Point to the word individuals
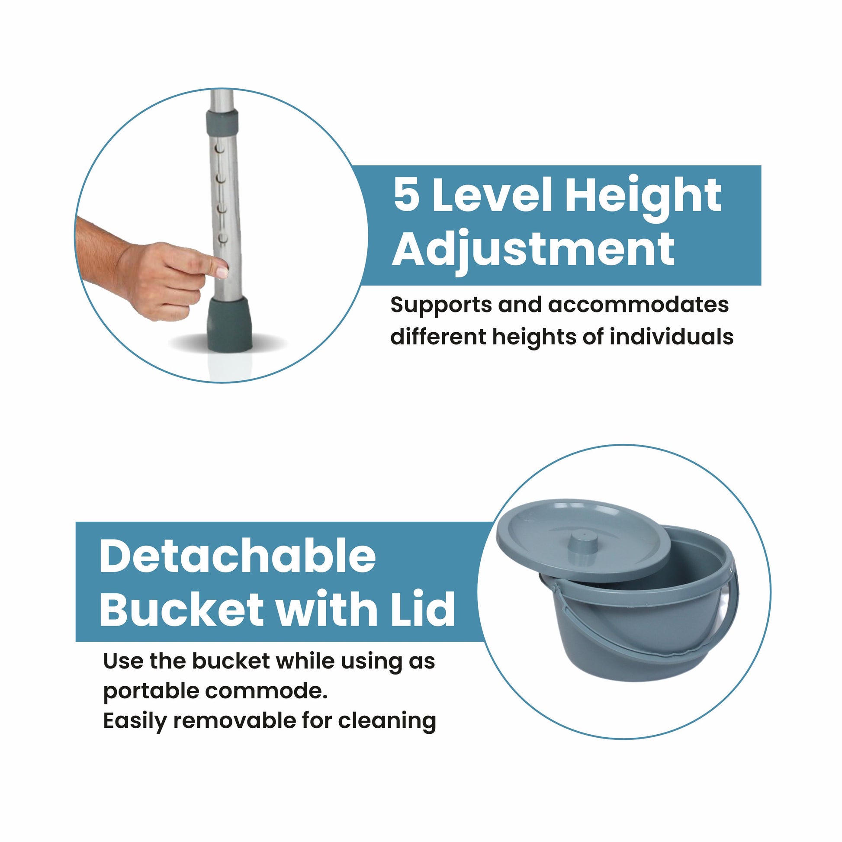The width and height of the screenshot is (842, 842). [672, 337]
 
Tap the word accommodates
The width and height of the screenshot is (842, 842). [639, 305]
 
